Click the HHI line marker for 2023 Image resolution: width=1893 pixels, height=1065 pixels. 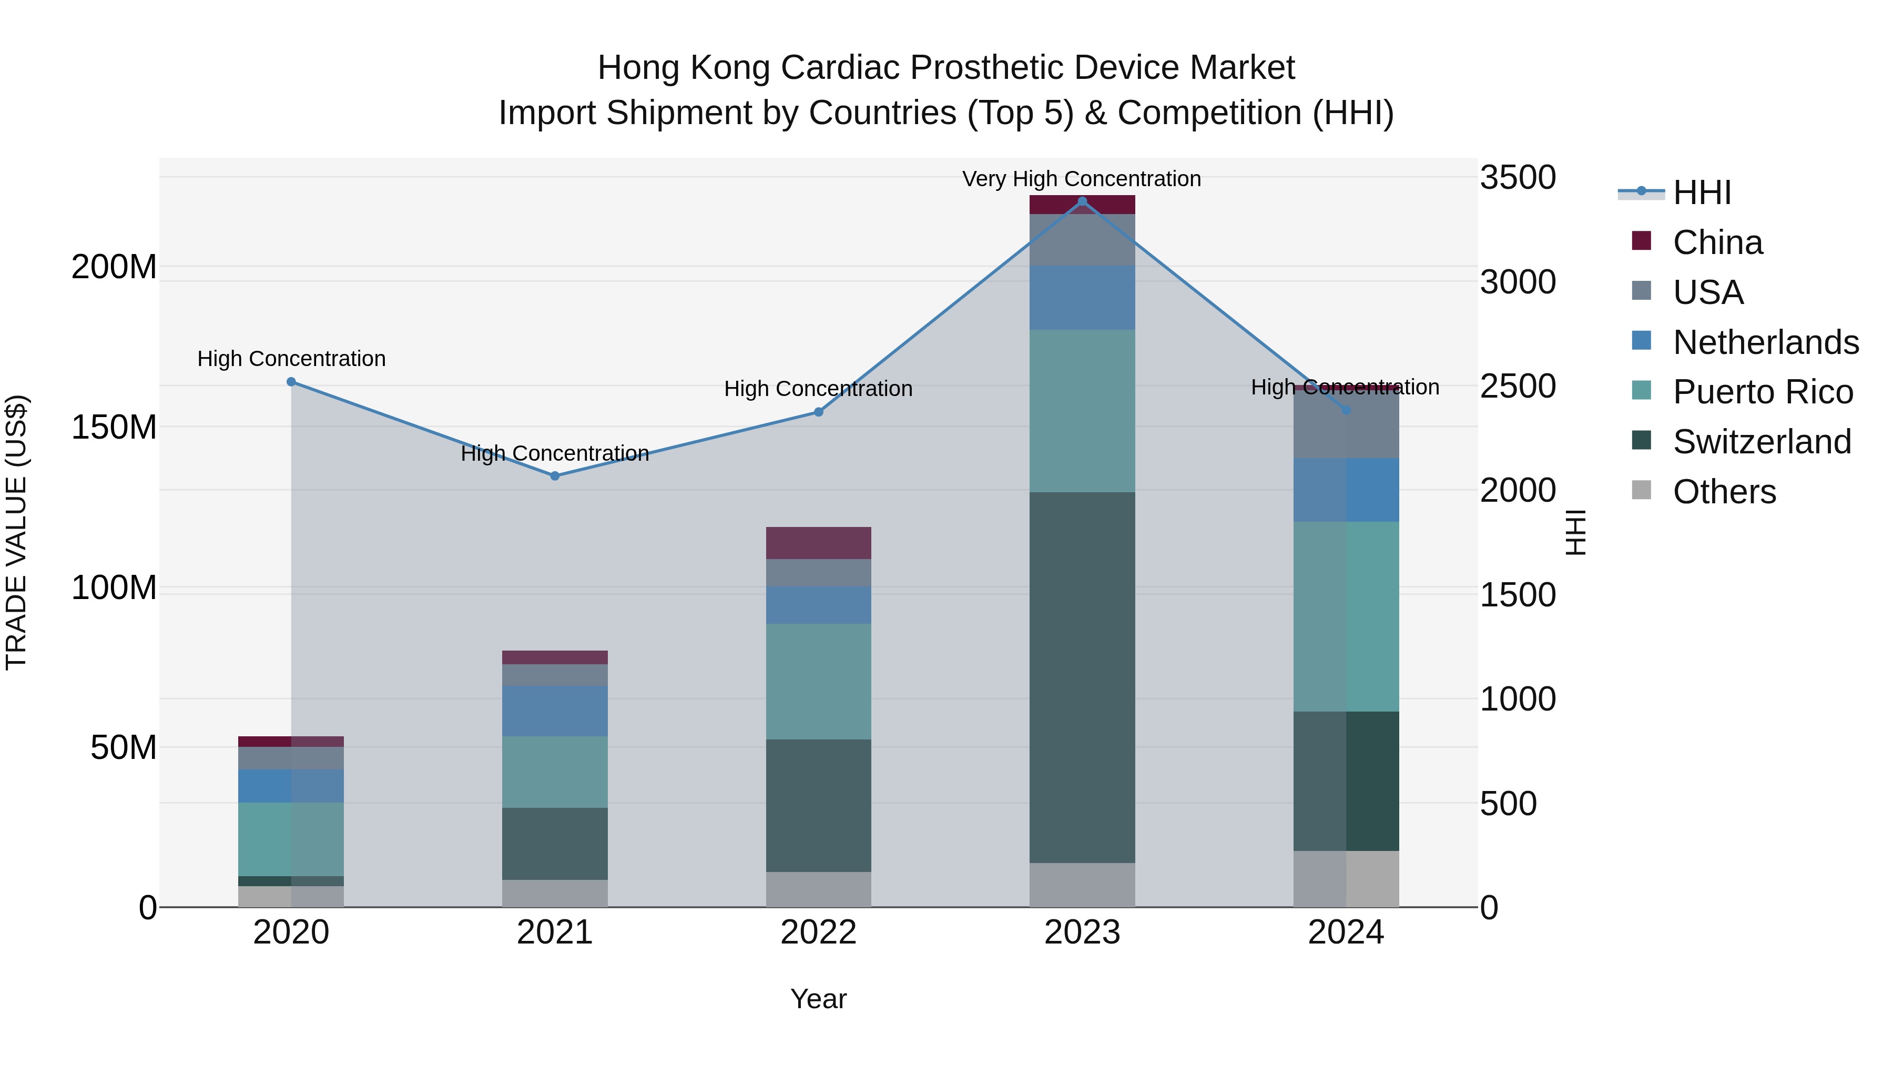pos(1082,201)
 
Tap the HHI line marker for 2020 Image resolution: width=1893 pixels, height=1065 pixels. pos(291,381)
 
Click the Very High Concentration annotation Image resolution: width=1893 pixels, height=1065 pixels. pos(1081,179)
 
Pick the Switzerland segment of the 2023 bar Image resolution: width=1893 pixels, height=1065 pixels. pos(1082,676)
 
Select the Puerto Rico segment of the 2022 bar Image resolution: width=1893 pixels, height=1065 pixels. pos(818,681)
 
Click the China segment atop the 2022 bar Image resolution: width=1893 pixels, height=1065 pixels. pos(818,542)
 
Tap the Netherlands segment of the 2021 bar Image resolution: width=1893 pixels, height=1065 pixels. pos(555,711)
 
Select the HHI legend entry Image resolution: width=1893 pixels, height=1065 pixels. pos(1702,192)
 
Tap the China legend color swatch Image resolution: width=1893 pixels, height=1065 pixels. pos(1641,241)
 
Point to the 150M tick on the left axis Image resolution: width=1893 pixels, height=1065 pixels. pos(114,427)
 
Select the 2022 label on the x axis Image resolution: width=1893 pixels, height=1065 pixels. pos(818,932)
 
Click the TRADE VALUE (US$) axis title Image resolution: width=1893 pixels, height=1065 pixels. pos(16,532)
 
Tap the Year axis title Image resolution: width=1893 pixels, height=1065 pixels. pos(818,999)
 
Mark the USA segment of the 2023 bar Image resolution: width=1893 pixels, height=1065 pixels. pos(1082,240)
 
